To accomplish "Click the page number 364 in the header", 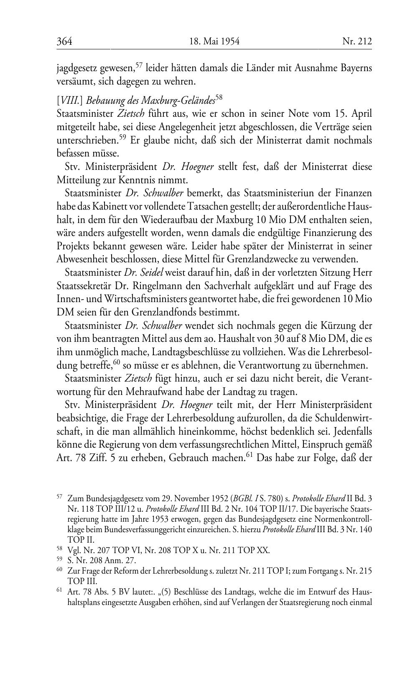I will click(x=65, y=41).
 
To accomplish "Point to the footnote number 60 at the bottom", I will click(x=59, y=569).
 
